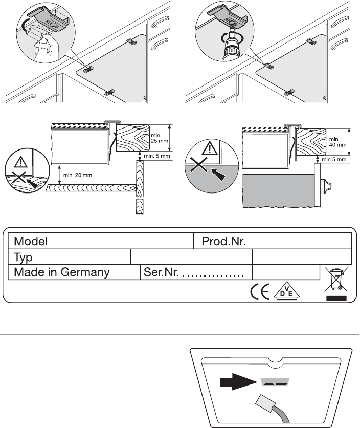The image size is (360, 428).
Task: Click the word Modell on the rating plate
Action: (32, 241)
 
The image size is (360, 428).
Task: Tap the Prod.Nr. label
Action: (223, 241)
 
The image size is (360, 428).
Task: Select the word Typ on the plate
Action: (23, 258)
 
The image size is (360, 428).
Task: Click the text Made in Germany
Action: (62, 272)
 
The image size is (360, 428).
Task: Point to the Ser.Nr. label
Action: (161, 272)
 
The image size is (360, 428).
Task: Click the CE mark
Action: (260, 291)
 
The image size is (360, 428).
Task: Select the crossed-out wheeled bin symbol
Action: (336, 279)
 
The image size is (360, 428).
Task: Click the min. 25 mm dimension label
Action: (160, 138)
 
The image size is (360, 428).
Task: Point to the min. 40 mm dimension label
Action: (337, 142)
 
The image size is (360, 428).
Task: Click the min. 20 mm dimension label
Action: (78, 175)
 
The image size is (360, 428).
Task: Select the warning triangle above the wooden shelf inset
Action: (20, 162)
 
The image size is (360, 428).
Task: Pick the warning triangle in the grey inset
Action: (210, 148)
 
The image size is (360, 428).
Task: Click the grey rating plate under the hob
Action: (275, 382)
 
